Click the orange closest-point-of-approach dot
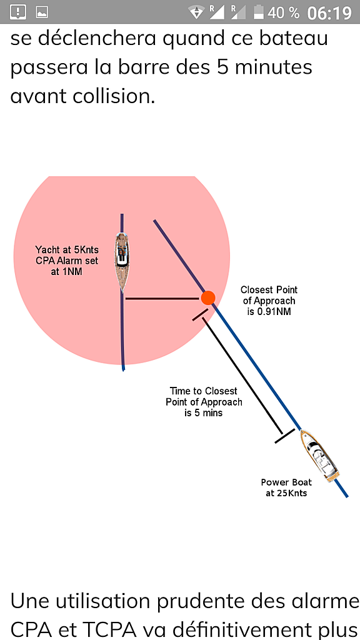point(207,297)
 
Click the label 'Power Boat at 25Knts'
point(286,487)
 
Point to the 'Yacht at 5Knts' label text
point(67,249)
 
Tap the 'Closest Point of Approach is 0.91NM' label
point(269,301)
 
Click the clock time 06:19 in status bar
point(329,12)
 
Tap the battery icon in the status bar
point(258,12)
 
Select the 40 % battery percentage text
point(284,12)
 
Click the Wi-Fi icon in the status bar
point(197,12)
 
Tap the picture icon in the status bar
point(42,12)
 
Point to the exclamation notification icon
point(18,12)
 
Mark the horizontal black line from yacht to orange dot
point(162,299)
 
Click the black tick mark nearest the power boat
point(284,436)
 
